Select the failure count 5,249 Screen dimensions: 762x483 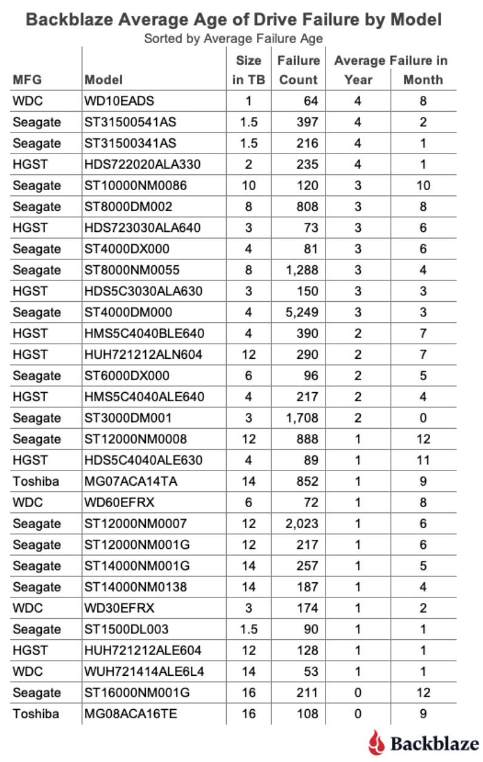(x=302, y=312)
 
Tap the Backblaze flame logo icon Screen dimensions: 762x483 (x=376, y=743)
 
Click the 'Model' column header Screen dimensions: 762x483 (x=103, y=80)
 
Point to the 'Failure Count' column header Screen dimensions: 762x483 (x=298, y=70)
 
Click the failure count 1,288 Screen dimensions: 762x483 (x=302, y=270)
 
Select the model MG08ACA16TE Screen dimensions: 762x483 (x=131, y=713)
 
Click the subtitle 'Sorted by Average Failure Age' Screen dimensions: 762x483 (x=233, y=39)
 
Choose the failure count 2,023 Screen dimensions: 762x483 (x=302, y=523)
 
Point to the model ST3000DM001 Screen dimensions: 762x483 (x=128, y=418)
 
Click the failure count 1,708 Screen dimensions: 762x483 (x=302, y=418)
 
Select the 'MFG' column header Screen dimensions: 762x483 (x=27, y=80)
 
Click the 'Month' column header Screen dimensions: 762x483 (x=423, y=80)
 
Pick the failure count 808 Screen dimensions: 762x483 (x=307, y=206)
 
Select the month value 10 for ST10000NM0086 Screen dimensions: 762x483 (x=423, y=185)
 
